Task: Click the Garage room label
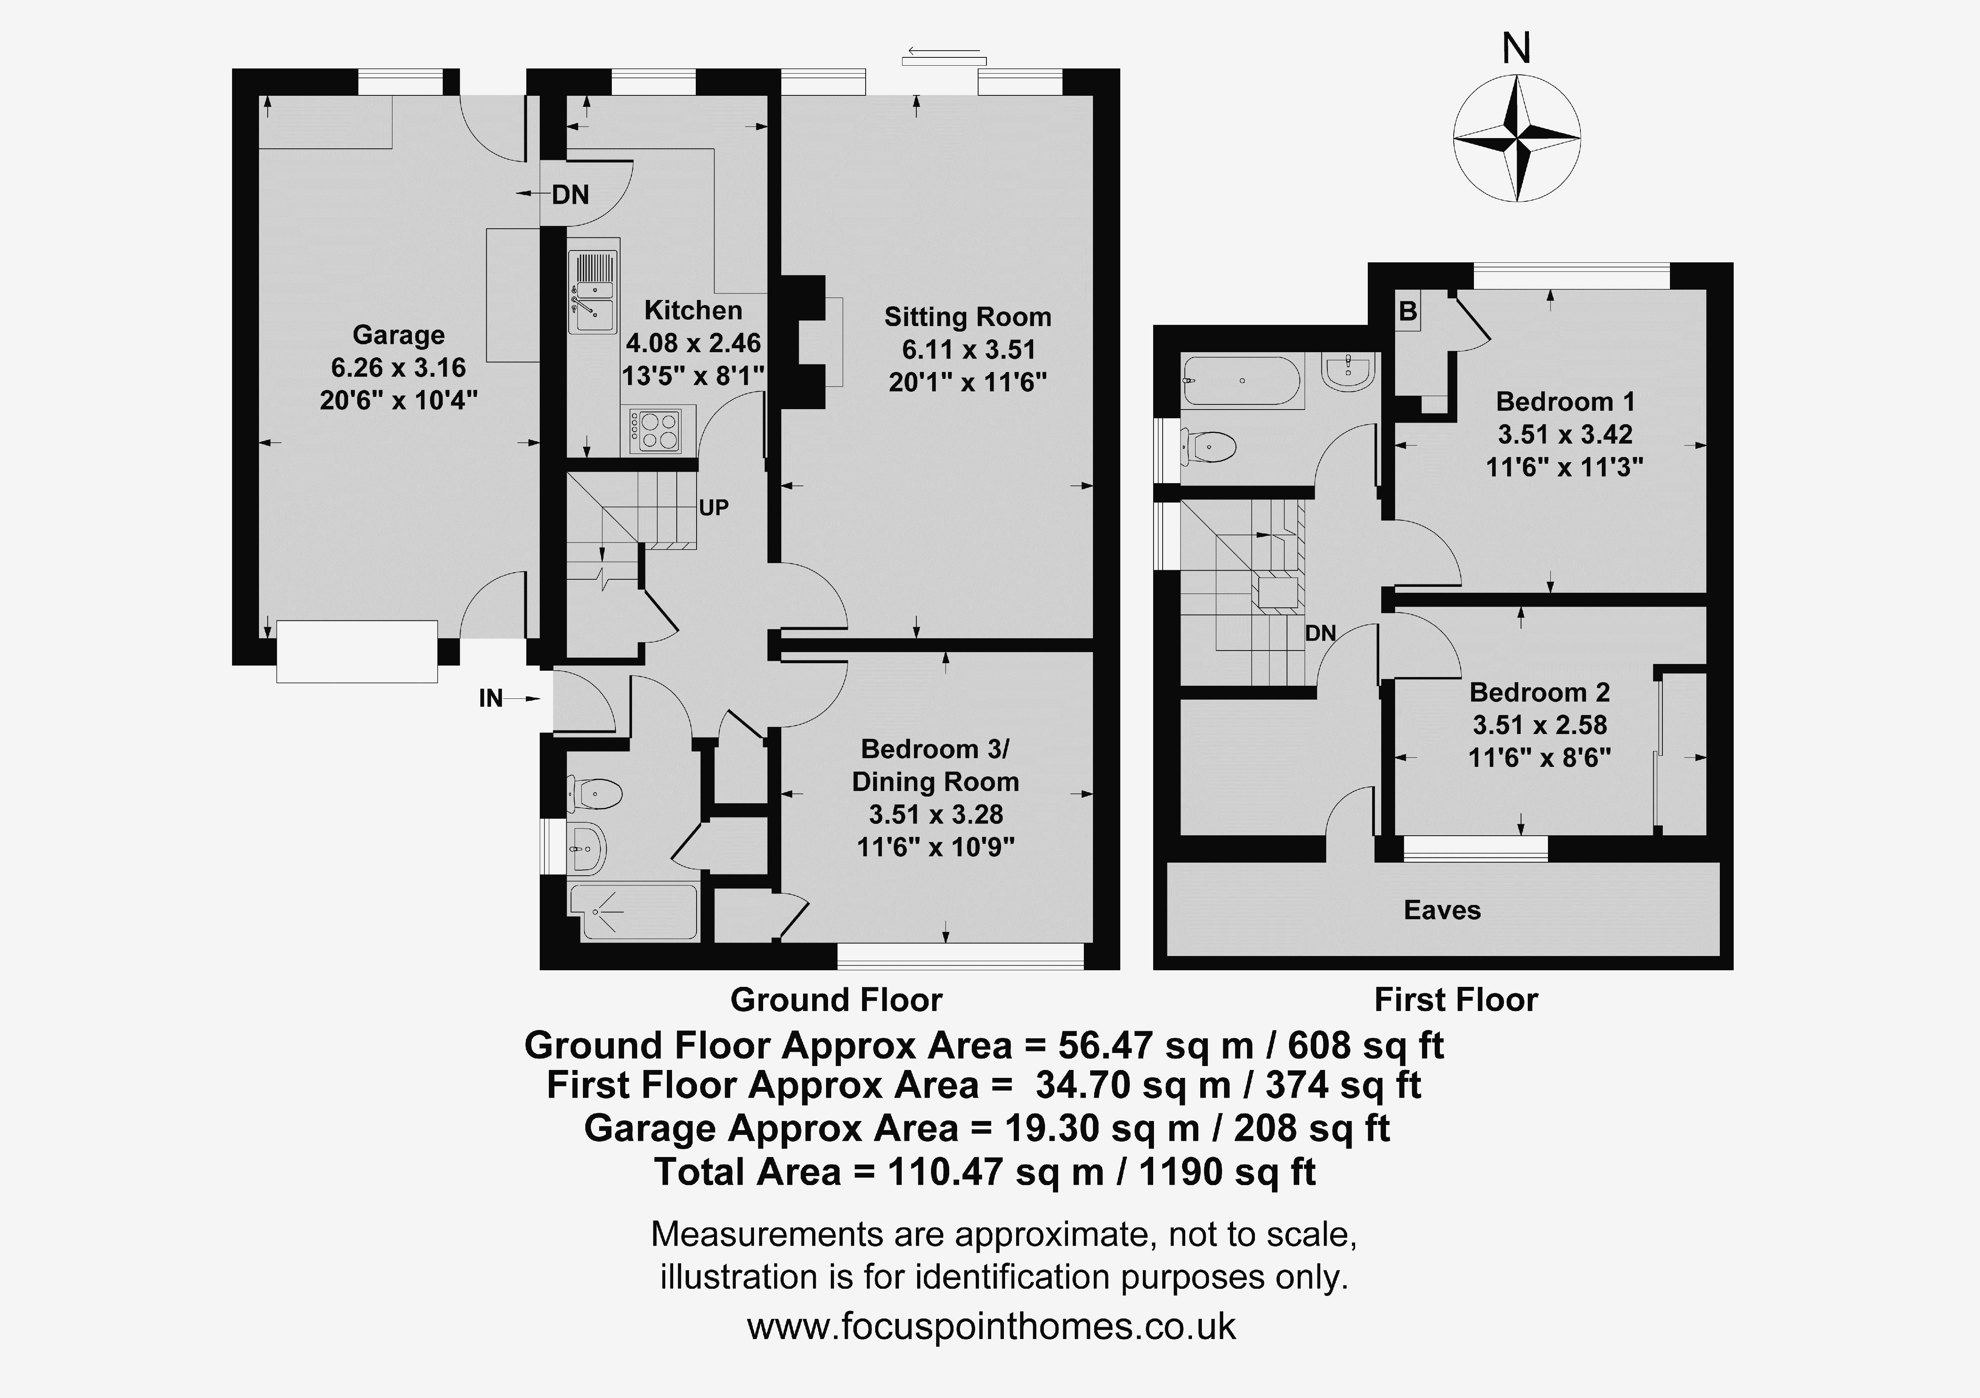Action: pos(398,334)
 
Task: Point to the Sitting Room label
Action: pos(967,317)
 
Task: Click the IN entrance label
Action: pos(491,698)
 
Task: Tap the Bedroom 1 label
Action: pos(1565,402)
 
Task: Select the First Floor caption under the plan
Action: pos(1456,1000)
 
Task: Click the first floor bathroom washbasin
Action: pos(1347,372)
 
